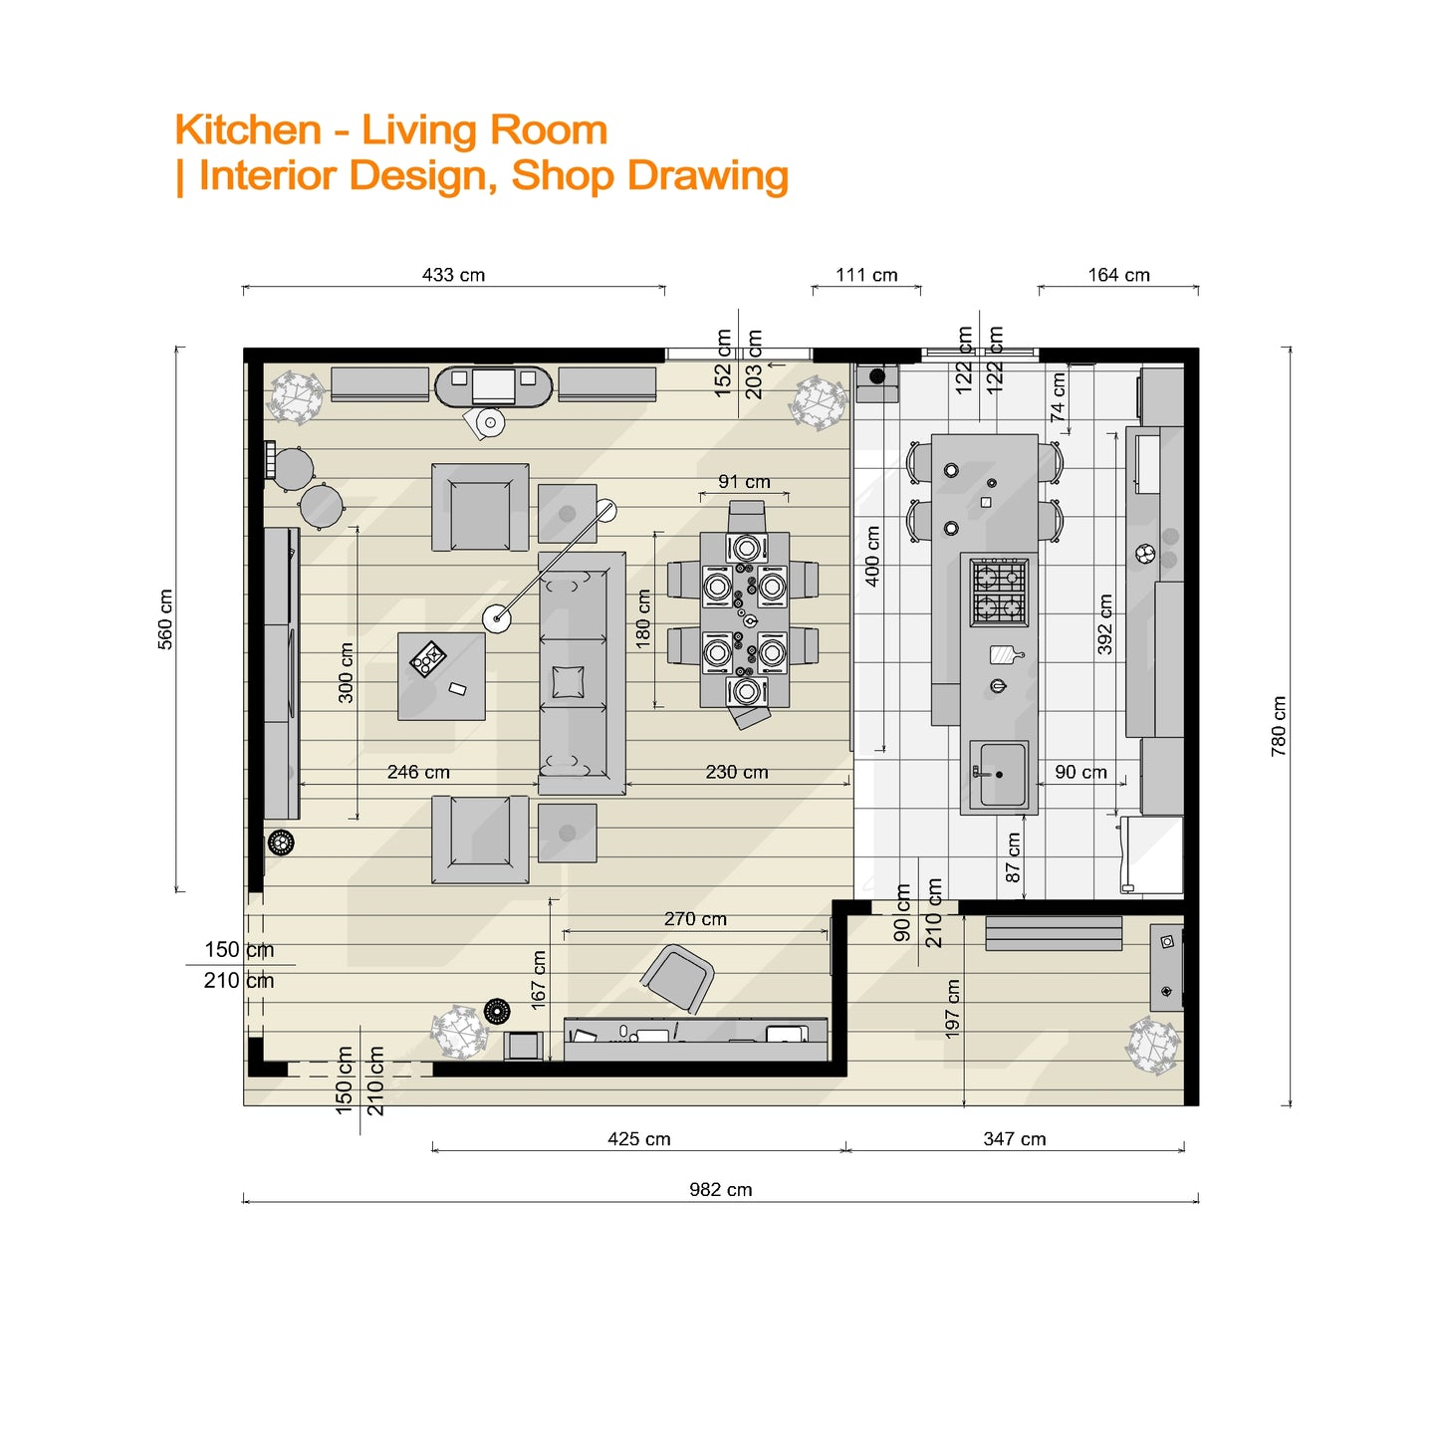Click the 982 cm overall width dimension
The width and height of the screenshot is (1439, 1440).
tap(720, 1189)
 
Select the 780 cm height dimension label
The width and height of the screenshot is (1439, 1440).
tap(1279, 726)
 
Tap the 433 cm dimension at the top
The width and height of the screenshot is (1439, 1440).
tap(453, 275)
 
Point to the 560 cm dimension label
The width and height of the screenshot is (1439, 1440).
tap(165, 618)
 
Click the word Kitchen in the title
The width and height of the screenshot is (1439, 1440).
tap(248, 130)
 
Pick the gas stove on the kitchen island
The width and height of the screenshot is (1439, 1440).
tap(999, 592)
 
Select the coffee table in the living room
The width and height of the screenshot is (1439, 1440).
tap(441, 675)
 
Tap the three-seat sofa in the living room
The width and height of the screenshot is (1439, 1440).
tap(582, 673)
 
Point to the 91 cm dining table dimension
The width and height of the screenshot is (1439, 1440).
tap(744, 482)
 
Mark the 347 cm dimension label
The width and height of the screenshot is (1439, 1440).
tap(1014, 1139)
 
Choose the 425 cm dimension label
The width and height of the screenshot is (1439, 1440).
tap(638, 1139)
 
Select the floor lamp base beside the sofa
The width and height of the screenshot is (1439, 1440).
tap(497, 619)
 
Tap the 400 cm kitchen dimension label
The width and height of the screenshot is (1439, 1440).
tap(872, 556)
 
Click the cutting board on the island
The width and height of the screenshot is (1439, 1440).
tap(1004, 654)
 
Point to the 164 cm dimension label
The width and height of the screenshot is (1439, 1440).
tap(1118, 275)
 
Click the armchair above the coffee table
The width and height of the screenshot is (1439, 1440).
tap(480, 508)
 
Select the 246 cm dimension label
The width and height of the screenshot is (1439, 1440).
tap(418, 772)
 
